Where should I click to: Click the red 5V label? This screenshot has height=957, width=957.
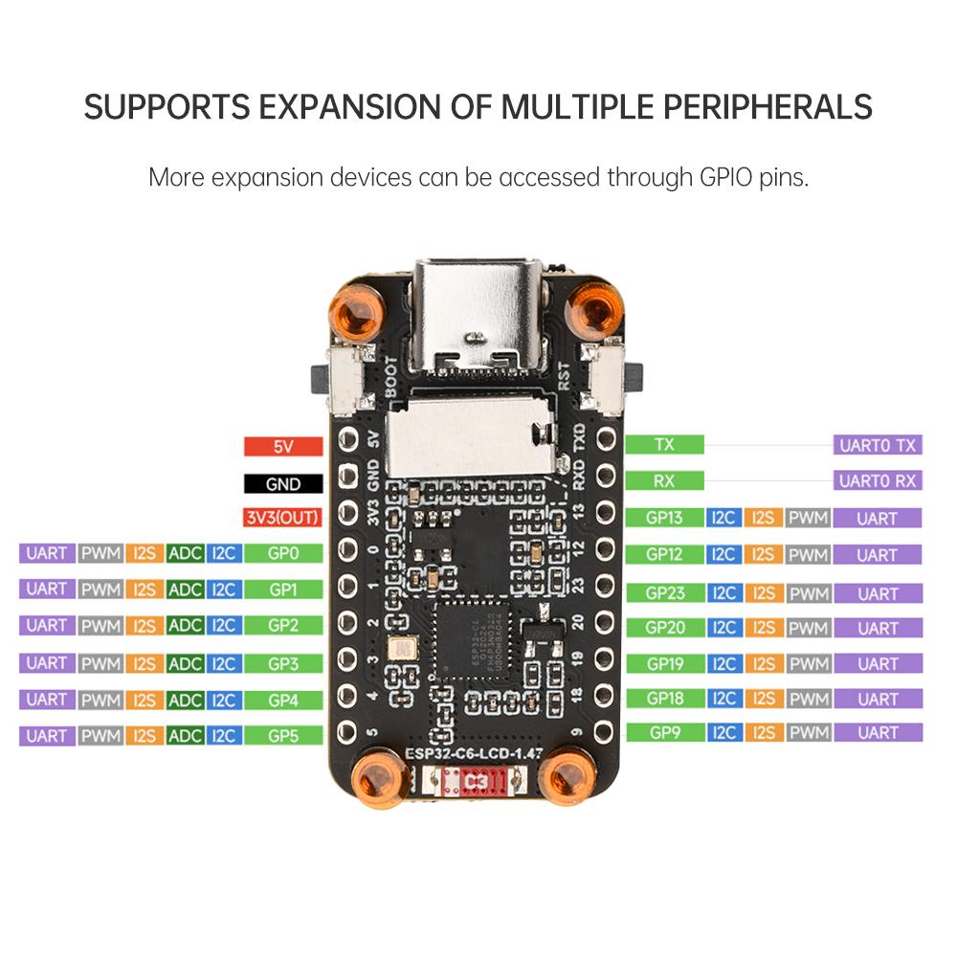point(281,446)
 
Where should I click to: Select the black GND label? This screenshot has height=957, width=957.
point(281,483)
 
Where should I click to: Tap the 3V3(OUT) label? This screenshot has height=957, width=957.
point(281,519)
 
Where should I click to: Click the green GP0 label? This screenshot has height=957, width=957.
point(283,553)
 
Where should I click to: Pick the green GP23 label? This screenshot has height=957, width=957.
point(664,593)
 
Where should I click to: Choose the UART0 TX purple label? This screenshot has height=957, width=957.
point(878,445)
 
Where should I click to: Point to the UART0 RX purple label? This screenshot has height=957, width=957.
point(878,481)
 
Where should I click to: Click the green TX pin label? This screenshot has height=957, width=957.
point(664,445)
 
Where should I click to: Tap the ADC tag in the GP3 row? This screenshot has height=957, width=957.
point(185,663)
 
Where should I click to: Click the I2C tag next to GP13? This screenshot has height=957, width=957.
point(723,519)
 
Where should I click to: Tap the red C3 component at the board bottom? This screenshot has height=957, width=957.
point(475,783)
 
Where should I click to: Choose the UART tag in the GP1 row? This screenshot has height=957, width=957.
point(47,590)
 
